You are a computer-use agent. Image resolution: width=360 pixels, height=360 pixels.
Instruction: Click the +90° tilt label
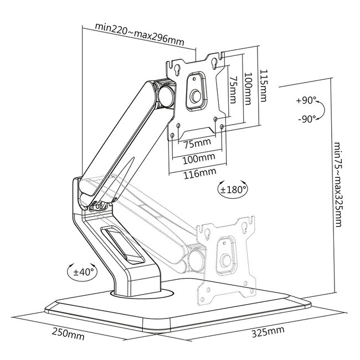tap(306, 101)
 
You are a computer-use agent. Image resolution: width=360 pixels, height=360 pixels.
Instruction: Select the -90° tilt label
tap(306, 118)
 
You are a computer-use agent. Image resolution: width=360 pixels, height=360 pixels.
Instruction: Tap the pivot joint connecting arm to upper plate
tap(166, 95)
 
